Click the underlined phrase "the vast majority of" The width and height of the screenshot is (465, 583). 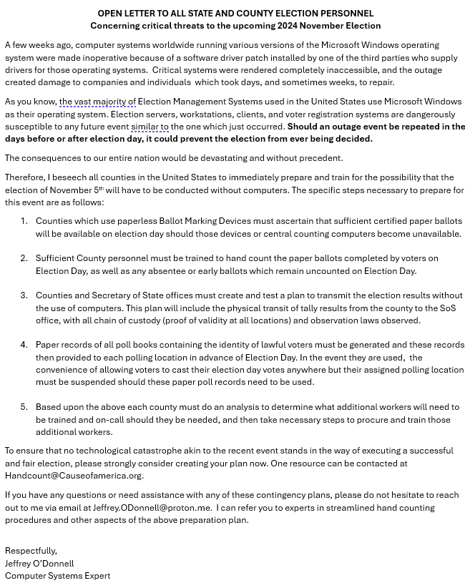(97, 102)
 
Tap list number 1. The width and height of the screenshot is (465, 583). (24, 221)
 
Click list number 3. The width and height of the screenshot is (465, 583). (24, 295)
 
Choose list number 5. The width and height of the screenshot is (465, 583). (24, 407)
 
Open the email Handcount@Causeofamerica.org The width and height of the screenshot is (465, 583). (74, 476)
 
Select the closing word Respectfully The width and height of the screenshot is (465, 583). (31, 551)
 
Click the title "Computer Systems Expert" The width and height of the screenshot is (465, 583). (58, 576)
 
